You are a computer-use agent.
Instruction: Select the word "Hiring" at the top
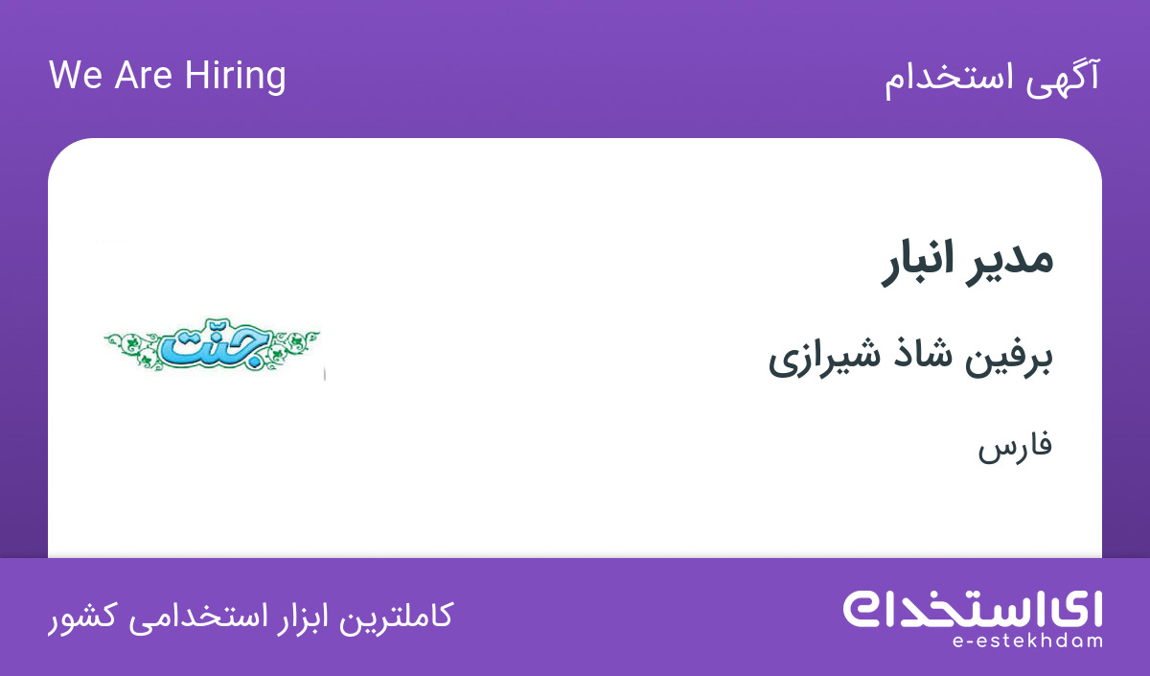[235, 77]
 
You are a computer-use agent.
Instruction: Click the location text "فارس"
[1015, 448]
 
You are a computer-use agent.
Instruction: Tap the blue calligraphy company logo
[216, 343]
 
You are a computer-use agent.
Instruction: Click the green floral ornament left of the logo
[132, 348]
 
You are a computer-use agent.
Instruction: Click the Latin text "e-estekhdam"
[1026, 641]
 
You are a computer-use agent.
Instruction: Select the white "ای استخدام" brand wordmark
[973, 609]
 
